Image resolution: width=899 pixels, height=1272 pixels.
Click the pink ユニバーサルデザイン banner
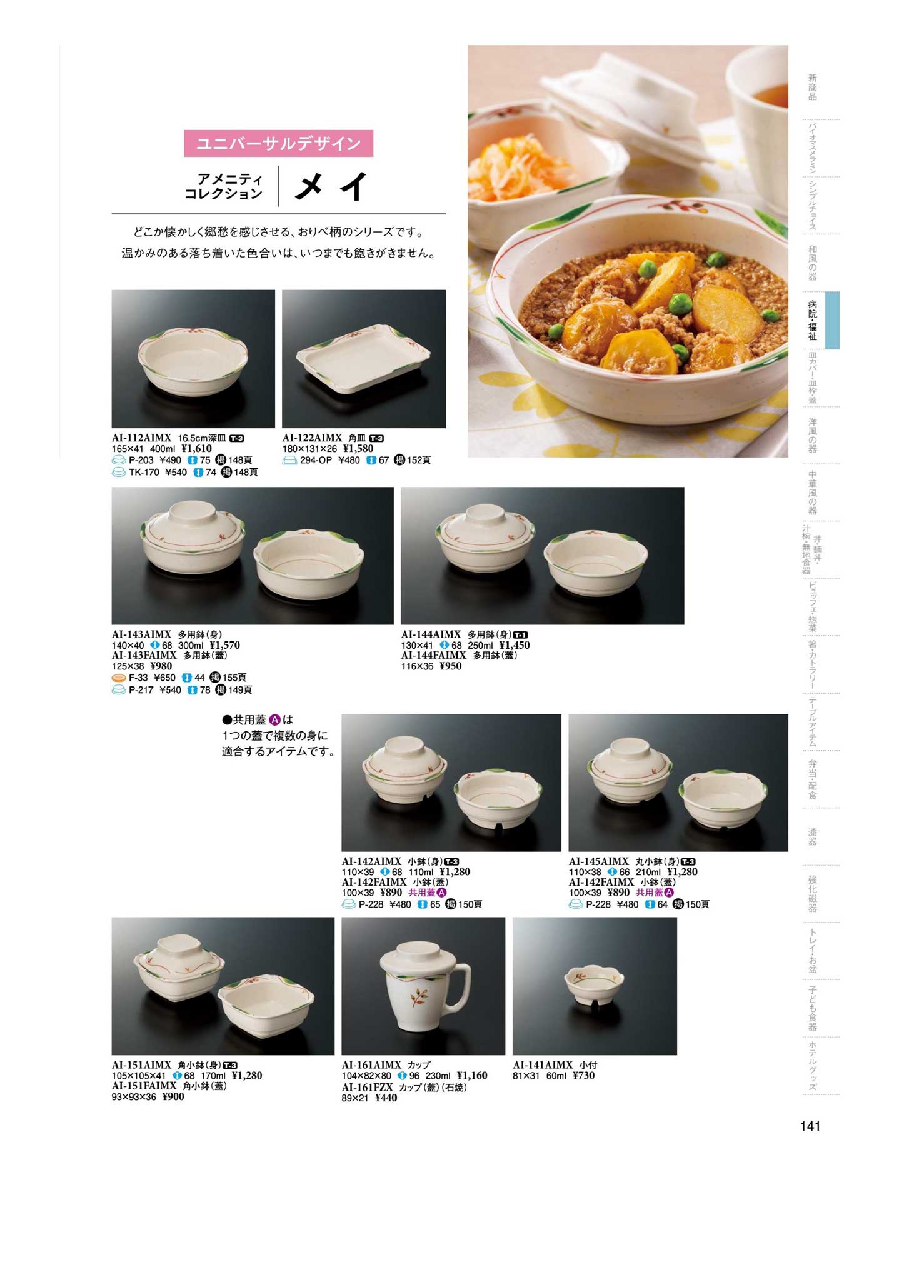278,143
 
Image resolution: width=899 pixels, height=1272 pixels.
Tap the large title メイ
331,186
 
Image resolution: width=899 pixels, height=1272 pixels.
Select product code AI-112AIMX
141,438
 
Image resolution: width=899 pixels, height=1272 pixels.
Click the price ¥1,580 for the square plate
358,448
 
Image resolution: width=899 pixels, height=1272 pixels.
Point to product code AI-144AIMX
431,634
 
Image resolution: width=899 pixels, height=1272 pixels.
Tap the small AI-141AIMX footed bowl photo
595,986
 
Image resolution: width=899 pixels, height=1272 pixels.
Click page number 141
810,1126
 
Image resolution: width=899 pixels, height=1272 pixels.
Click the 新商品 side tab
812,87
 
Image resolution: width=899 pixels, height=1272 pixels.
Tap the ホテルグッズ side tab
812,1066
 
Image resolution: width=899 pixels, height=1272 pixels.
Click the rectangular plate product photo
364,359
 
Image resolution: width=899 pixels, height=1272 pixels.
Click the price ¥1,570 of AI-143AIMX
224,645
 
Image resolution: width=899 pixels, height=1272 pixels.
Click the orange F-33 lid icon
119,678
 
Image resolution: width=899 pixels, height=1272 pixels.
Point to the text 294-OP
316,460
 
